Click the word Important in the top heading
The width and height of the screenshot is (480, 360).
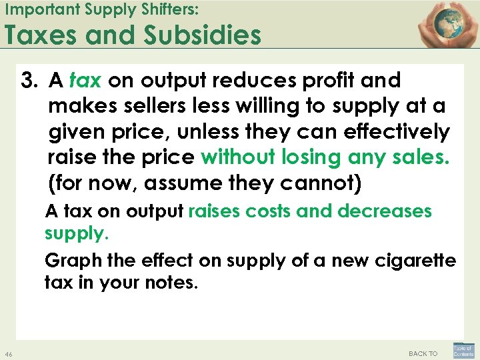36,9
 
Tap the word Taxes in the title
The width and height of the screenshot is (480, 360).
44,35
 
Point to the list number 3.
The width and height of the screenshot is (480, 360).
29,81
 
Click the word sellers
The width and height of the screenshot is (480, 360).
141,106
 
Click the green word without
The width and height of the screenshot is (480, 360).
238,157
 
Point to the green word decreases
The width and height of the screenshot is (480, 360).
385,212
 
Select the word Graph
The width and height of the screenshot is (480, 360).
69,260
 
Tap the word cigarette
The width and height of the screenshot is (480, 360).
417,260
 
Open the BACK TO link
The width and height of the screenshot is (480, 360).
423,353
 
